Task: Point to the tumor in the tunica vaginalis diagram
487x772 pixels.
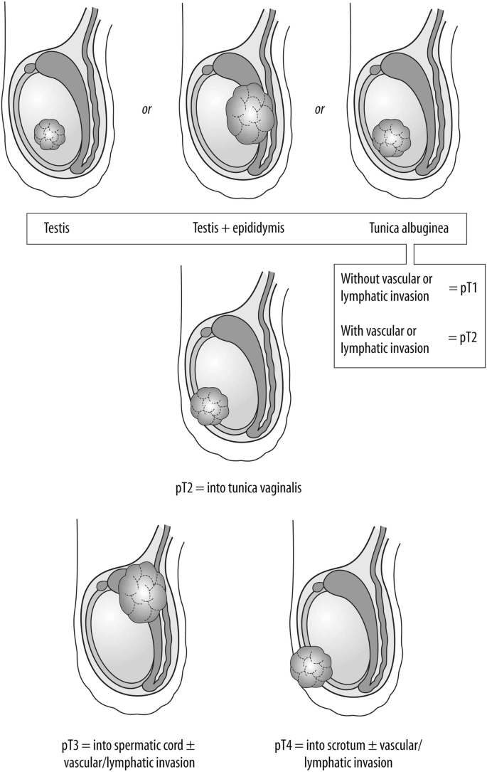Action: point(210,406)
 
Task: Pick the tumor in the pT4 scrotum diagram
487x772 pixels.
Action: point(311,667)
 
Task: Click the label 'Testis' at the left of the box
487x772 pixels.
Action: point(54,228)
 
